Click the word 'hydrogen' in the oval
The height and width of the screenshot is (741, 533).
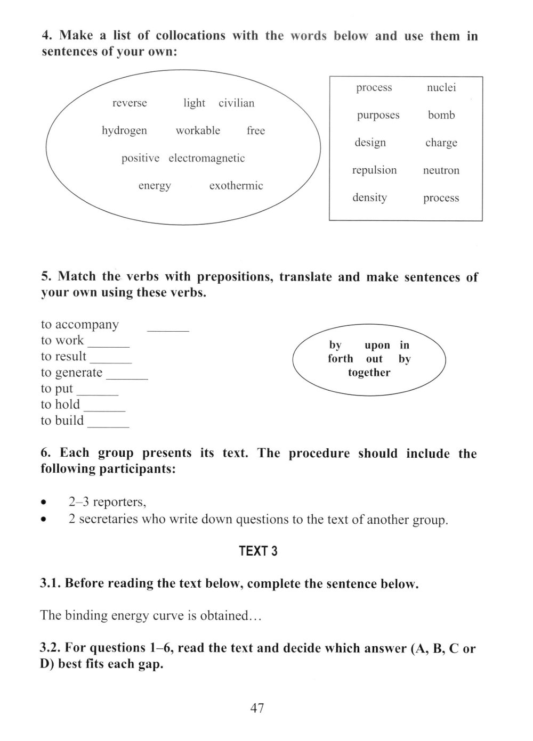pyautogui.click(x=124, y=131)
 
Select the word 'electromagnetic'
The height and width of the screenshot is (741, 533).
pyautogui.click(x=207, y=158)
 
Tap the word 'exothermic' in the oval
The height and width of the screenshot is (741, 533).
pyautogui.click(x=236, y=186)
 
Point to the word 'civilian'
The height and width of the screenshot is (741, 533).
pyautogui.click(x=237, y=103)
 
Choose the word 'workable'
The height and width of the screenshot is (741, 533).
pyautogui.click(x=198, y=130)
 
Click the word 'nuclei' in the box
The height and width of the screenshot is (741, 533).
pyautogui.click(x=441, y=88)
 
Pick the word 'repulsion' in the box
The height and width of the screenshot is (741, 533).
pyautogui.click(x=374, y=170)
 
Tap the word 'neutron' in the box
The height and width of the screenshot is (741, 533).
pyautogui.click(x=441, y=171)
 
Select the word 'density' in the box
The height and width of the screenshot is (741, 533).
pyautogui.click(x=369, y=197)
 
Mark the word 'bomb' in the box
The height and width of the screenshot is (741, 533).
pyautogui.click(x=441, y=115)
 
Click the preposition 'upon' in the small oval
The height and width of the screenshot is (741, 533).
pyautogui.click(x=377, y=345)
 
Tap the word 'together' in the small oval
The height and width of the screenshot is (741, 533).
pyautogui.click(x=369, y=373)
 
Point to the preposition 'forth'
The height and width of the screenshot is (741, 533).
pyautogui.click(x=341, y=359)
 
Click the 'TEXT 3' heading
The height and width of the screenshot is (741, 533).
pyautogui.click(x=259, y=551)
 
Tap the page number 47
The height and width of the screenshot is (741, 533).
pyautogui.click(x=257, y=708)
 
